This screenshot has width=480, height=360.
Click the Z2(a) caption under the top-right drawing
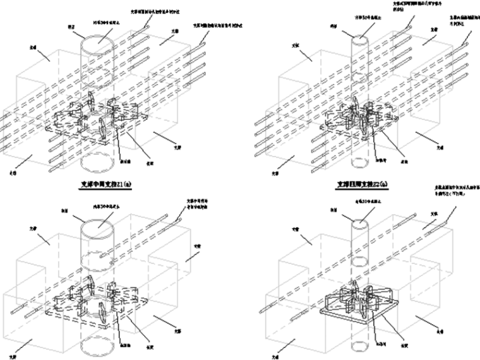coord(361,186)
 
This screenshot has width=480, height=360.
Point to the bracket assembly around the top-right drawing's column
coord(357,120)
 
